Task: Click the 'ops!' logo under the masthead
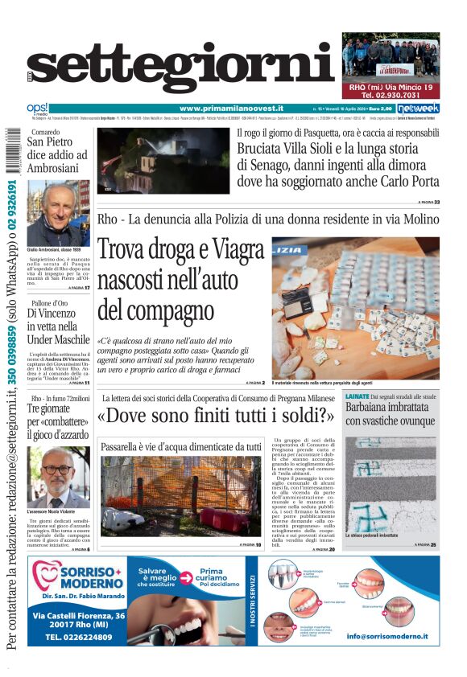tap(37, 108)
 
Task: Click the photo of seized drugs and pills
tap(355, 308)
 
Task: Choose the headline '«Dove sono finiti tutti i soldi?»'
tap(215, 416)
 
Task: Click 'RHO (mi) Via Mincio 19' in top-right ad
tap(391, 87)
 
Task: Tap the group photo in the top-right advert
tap(391, 56)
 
